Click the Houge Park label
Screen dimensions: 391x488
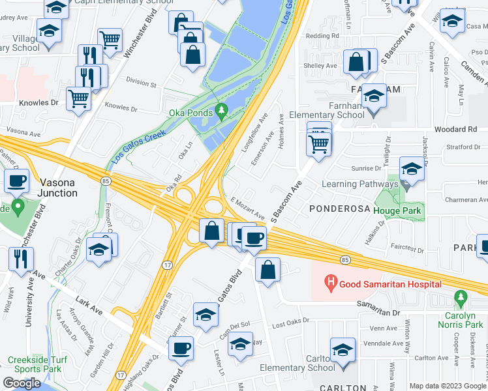(x=399, y=210)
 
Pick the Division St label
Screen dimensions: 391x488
(x=142, y=84)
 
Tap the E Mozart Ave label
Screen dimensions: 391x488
(x=247, y=208)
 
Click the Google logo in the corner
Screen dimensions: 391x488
(x=22, y=383)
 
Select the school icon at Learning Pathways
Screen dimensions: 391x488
(x=411, y=171)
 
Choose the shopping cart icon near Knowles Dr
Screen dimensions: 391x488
(x=79, y=99)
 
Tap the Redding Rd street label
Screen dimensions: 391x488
(x=326, y=36)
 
